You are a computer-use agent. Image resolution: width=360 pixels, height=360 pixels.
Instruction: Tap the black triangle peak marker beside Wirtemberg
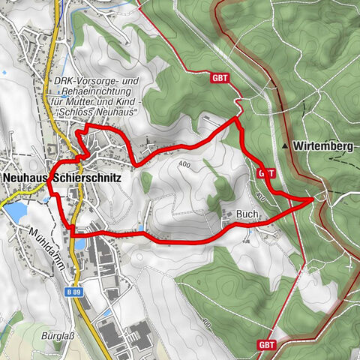click(x=286, y=145)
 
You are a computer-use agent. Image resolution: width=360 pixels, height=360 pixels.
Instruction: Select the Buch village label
click(x=247, y=214)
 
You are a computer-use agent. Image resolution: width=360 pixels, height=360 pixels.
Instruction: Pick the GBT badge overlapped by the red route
click(x=265, y=172)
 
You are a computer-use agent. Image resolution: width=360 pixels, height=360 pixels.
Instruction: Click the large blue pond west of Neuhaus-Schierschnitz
click(x=14, y=213)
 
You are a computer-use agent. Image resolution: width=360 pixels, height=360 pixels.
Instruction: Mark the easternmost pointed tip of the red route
click(x=313, y=200)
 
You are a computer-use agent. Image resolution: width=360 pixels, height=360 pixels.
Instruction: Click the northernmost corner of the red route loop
click(x=237, y=118)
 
